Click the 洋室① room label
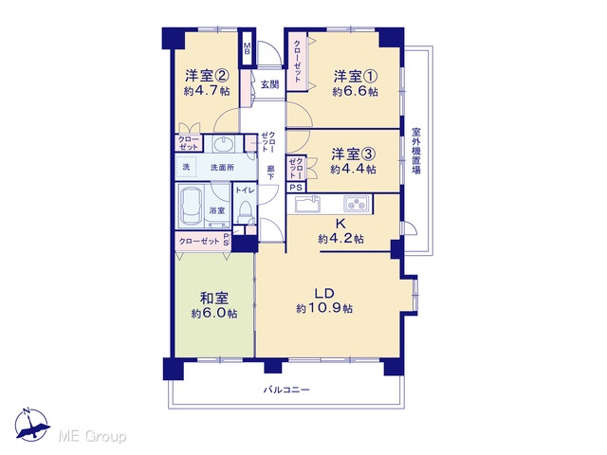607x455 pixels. [x=355, y=76]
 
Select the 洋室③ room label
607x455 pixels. [x=353, y=155]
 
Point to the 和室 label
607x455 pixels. [x=214, y=299]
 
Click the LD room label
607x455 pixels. [x=324, y=294]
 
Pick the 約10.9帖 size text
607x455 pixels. [x=324, y=309]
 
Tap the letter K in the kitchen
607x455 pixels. [x=340, y=224]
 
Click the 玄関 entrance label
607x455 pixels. [x=269, y=84]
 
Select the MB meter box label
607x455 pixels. [x=247, y=48]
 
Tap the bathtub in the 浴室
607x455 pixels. [x=192, y=207]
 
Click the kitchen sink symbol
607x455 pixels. [x=307, y=204]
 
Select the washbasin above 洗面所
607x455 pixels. [x=223, y=144]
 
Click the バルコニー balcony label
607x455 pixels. [x=286, y=390]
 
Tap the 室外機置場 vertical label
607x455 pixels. [x=416, y=151]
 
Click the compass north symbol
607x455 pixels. [x=32, y=425]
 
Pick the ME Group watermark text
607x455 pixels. [x=92, y=437]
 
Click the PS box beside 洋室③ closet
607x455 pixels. [x=296, y=188]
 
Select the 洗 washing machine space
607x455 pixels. [x=186, y=167]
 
